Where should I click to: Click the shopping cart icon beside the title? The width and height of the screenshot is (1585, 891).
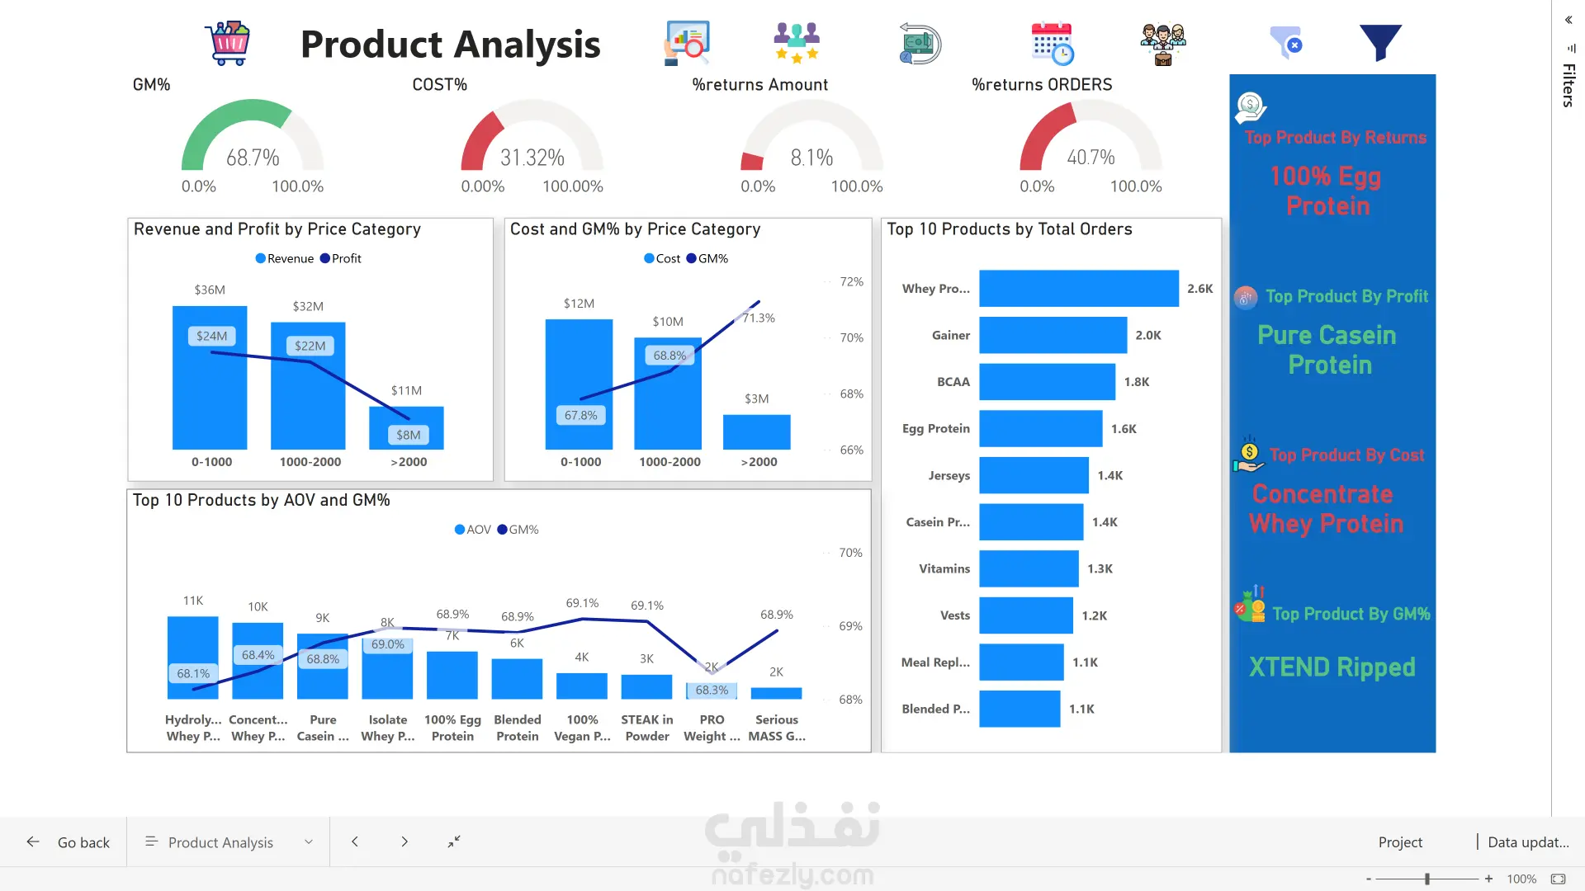228,43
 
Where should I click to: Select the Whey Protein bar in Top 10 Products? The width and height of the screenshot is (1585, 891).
1078,289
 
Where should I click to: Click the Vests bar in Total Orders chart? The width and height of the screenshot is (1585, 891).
1025,615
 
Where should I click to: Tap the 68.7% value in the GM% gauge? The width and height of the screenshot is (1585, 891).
253,158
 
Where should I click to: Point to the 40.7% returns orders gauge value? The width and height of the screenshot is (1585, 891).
1091,158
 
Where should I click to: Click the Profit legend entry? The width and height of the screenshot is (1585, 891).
341,258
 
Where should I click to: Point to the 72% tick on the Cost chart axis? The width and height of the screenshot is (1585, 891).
851,282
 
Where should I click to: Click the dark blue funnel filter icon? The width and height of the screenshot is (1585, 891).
1380,43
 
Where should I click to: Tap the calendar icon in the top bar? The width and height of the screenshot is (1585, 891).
1052,43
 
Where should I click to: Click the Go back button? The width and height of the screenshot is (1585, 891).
69,842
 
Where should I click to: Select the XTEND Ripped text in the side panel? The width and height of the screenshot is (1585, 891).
1332,667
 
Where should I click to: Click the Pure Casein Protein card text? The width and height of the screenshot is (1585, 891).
1327,350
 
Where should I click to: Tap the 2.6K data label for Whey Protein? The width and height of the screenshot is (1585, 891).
1199,289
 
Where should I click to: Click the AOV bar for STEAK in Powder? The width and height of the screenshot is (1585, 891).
646,686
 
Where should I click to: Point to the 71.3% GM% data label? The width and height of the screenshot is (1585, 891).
759,318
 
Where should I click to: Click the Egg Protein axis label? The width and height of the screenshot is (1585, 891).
935,429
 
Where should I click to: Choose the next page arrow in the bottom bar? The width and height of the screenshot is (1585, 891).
405,841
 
